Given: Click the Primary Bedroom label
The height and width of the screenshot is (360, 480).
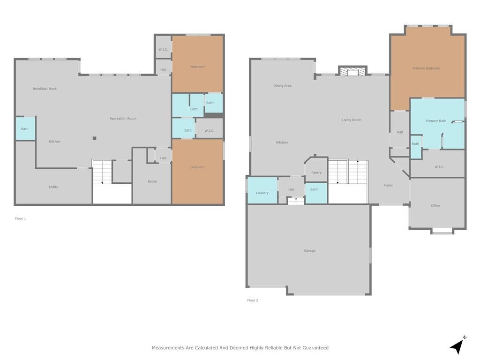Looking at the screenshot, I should tap(426, 68).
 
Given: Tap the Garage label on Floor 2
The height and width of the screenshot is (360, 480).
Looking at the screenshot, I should tap(309, 251).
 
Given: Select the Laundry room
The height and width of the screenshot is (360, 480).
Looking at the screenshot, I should tap(262, 193).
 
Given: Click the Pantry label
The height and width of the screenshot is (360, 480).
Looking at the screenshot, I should tap(316, 173).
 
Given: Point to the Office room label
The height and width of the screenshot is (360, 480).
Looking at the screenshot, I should tap(435, 206).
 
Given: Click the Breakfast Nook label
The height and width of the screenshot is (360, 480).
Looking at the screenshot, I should tap(45, 89).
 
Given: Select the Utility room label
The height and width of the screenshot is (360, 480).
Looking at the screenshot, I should tap(53, 187).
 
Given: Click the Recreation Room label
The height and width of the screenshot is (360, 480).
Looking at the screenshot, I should tap(123, 119).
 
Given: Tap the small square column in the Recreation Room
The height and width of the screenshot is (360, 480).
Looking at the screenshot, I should tap(94, 138).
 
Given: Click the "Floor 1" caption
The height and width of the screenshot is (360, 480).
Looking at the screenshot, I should tap(20, 218).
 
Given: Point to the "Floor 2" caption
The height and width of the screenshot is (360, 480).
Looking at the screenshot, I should tap(253, 300).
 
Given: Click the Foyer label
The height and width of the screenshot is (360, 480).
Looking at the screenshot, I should tap(389, 186).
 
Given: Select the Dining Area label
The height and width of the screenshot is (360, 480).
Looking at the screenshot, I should tap(282, 86).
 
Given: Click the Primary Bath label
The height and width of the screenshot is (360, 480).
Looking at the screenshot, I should tap(435, 121).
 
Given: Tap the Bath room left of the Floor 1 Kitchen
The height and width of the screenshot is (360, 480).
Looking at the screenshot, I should tap(25, 129).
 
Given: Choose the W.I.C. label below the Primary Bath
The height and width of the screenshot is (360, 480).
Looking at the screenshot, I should tap(439, 167).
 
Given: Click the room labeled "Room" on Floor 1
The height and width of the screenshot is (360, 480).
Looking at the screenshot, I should tap(152, 181).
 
